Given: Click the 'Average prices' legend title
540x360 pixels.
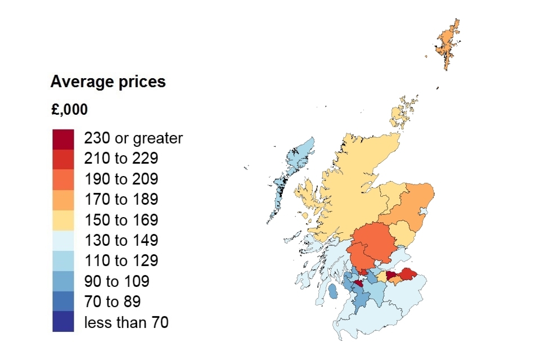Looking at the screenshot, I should (x=108, y=82).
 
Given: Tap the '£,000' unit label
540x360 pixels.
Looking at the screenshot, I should (x=69, y=110).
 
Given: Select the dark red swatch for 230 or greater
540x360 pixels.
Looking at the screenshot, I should (x=63, y=138).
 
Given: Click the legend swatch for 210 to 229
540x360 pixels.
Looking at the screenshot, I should (x=63, y=159).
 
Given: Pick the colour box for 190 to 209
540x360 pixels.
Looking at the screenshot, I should (x=63, y=179).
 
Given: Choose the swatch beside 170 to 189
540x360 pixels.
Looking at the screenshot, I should (x=63, y=199).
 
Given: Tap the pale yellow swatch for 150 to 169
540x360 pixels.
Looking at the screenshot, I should (x=63, y=220).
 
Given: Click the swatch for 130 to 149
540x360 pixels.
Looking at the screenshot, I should (x=63, y=240).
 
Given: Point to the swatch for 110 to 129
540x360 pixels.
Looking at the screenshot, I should (x=63, y=260).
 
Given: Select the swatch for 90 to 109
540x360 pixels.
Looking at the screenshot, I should (x=63, y=281).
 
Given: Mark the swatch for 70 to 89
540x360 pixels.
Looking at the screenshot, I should (x=63, y=301).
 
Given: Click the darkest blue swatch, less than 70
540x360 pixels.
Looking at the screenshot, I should (x=63, y=322).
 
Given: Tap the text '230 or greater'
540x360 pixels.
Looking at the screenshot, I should (x=133, y=138).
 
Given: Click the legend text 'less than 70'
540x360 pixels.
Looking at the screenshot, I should (x=126, y=322).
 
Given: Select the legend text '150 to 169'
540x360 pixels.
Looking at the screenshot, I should (x=121, y=220).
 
